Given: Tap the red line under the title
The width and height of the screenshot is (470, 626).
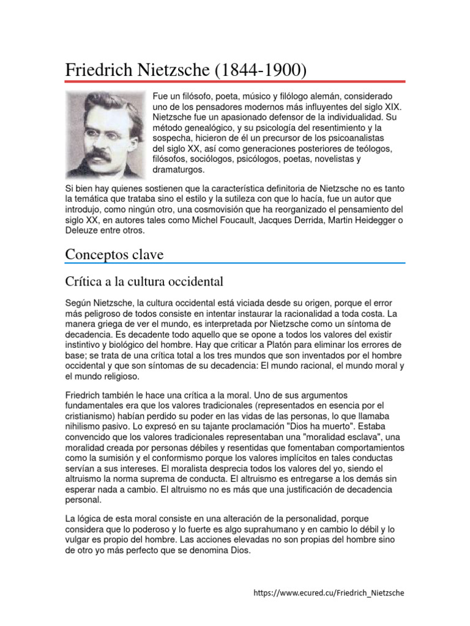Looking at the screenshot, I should pyautogui.click(x=235, y=81).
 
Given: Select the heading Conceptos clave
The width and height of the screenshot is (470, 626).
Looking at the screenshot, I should pyautogui.click(x=114, y=254).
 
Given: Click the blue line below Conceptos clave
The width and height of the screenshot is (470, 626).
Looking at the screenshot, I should pyautogui.click(x=235, y=263).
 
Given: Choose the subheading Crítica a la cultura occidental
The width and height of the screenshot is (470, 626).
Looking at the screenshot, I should pyautogui.click(x=144, y=282).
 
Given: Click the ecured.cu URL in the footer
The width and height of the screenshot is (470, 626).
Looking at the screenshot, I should pyautogui.click(x=329, y=592).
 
